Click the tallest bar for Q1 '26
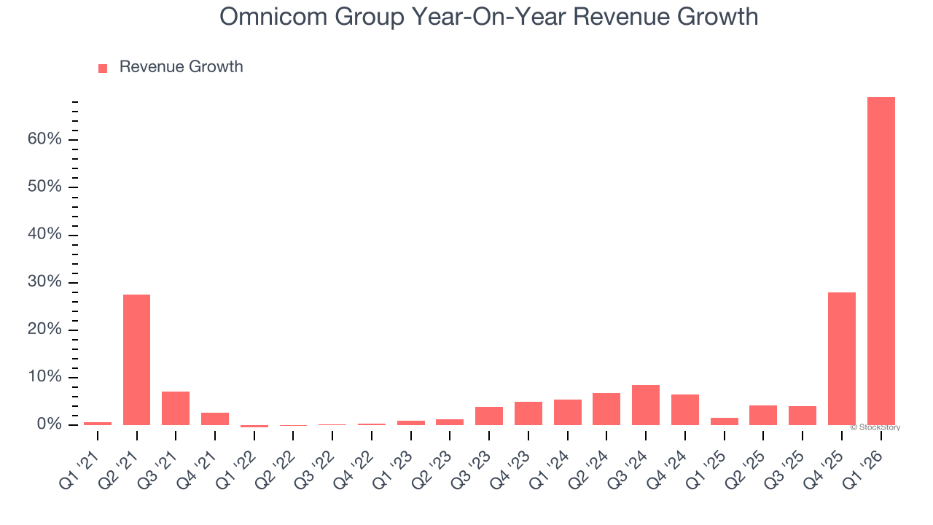tap(881, 261)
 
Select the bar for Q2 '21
tap(136, 359)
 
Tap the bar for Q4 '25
tap(842, 359)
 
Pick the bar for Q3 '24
tap(646, 405)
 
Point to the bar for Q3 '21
tap(176, 408)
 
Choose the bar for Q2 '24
tap(606, 409)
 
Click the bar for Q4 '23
tap(528, 413)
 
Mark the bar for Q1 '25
tap(724, 421)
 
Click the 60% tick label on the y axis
tap(44, 139)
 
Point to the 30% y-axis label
tap(44, 282)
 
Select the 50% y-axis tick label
tap(44, 187)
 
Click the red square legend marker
tap(103, 68)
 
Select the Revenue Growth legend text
tap(181, 67)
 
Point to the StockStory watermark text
tap(875, 427)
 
